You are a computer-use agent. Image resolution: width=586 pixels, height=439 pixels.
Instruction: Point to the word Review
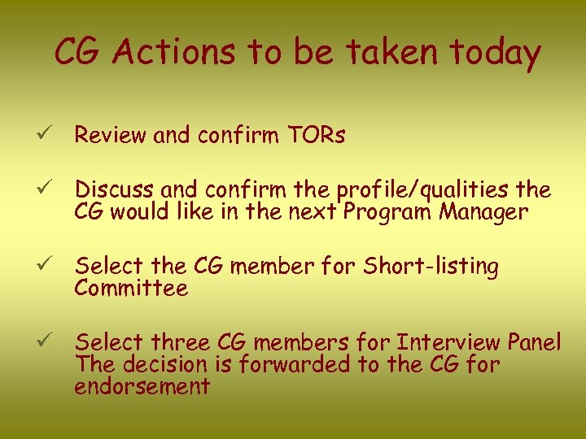coord(111,136)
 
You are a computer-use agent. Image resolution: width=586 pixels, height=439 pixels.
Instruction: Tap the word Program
coord(385,213)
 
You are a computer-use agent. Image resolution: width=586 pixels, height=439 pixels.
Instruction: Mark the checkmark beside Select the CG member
coord(50,265)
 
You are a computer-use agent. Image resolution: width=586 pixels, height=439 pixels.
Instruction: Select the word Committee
coord(131,289)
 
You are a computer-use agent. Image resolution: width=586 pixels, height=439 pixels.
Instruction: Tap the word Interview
coord(448,342)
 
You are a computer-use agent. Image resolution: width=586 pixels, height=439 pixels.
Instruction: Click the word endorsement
coord(142,386)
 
